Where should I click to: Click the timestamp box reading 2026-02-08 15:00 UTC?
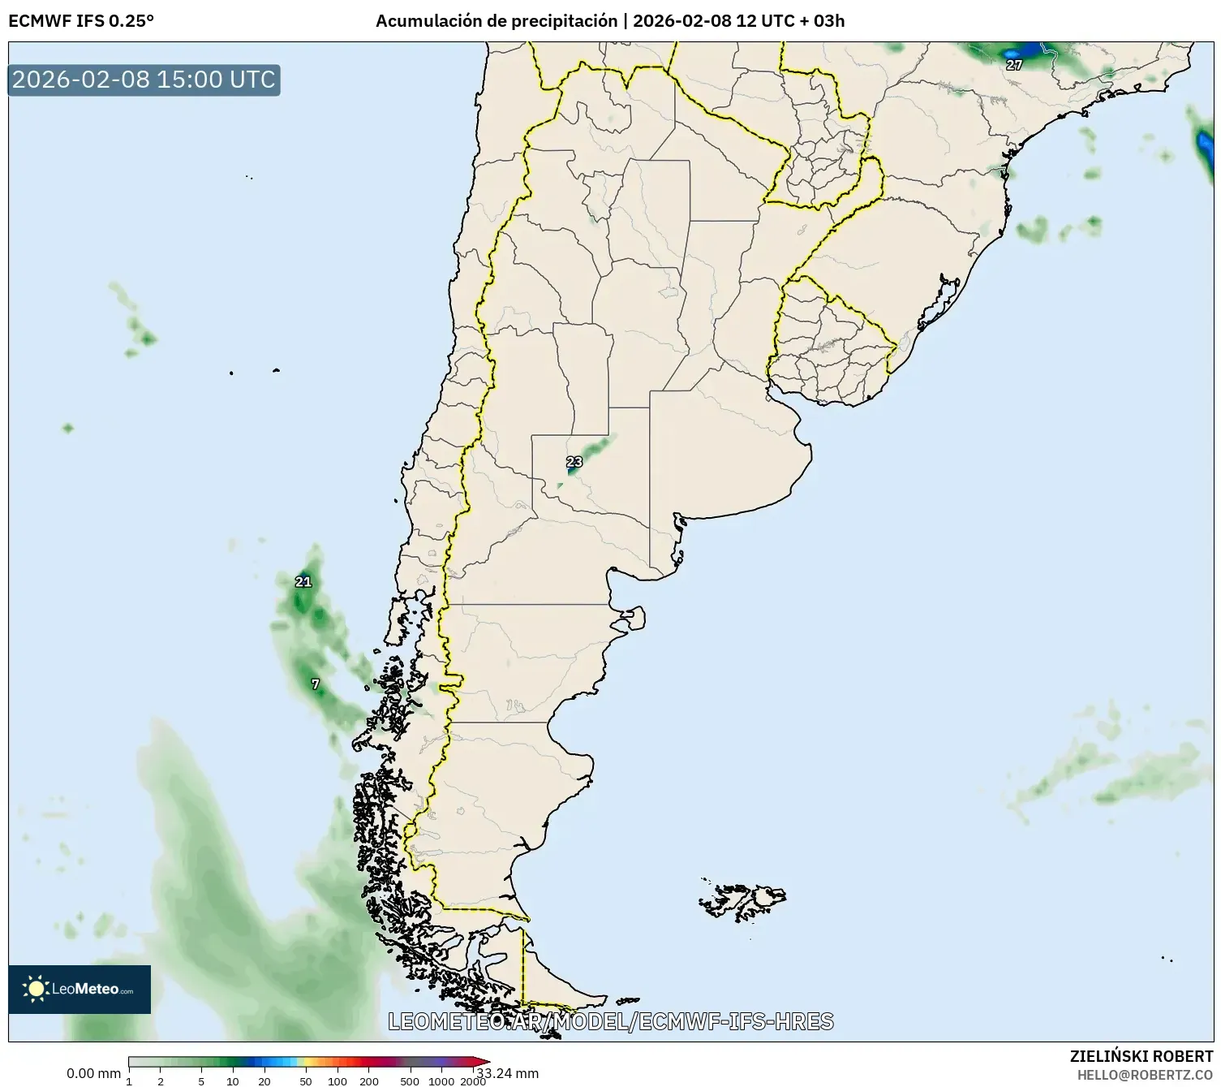pyautogui.click(x=144, y=80)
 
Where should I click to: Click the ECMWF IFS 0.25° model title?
pyautogui.click(x=80, y=21)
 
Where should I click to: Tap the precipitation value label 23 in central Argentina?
pyautogui.click(x=574, y=462)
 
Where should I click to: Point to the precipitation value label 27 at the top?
pyautogui.click(x=1014, y=65)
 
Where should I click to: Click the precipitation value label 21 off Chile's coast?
pyautogui.click(x=303, y=581)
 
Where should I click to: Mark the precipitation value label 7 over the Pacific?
pyautogui.click(x=316, y=684)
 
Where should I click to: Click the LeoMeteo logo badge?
pyautogui.click(x=80, y=989)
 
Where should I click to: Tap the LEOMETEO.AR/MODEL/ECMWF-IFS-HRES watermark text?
pyautogui.click(x=610, y=1021)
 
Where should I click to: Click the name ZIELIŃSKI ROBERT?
pyautogui.click(x=1141, y=1056)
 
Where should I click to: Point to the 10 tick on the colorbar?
pyautogui.click(x=233, y=1081)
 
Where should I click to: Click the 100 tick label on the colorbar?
pyautogui.click(x=337, y=1081)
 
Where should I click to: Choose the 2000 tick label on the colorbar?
pyautogui.click(x=473, y=1081)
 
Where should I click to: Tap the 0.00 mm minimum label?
pyautogui.click(x=93, y=1073)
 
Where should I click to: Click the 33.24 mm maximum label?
pyautogui.click(x=508, y=1073)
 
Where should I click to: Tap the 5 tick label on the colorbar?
pyautogui.click(x=201, y=1081)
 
